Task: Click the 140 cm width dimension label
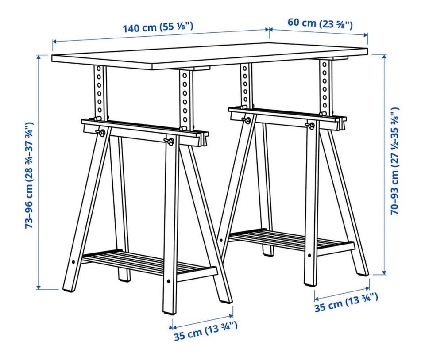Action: coord(158,27)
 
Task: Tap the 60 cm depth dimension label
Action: coord(320,23)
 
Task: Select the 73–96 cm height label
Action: coord(29,175)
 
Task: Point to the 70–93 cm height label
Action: coord(394,161)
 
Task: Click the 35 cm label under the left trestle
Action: coord(206,331)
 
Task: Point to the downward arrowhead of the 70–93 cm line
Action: coord(384,272)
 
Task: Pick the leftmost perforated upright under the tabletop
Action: coord(100,92)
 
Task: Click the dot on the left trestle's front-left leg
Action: coord(73,262)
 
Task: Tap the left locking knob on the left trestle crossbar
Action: coord(101,133)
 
